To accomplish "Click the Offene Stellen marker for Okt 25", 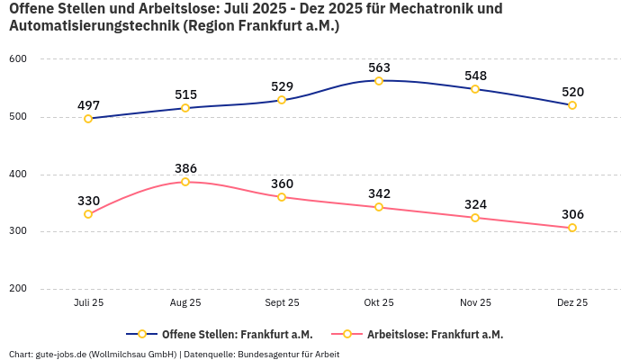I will [379, 81].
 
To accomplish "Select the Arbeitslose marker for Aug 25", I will [185, 182].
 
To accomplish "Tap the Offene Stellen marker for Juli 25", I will [88, 119].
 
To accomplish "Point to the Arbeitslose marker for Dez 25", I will [572, 228].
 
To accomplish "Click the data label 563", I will [379, 67].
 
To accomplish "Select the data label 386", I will [185, 168].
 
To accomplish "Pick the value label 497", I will [88, 105].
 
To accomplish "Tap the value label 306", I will [572, 214].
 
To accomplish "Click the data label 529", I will [282, 86].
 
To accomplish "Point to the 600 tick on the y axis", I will [18, 59].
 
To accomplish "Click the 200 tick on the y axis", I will [18, 289].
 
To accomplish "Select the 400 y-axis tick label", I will [18, 175].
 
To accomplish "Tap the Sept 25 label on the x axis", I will [282, 303].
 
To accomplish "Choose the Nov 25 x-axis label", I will [475, 303].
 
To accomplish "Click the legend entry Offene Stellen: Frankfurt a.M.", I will [230, 335].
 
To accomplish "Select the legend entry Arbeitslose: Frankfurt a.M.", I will [435, 335].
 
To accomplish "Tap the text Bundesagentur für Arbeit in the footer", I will [289, 355].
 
